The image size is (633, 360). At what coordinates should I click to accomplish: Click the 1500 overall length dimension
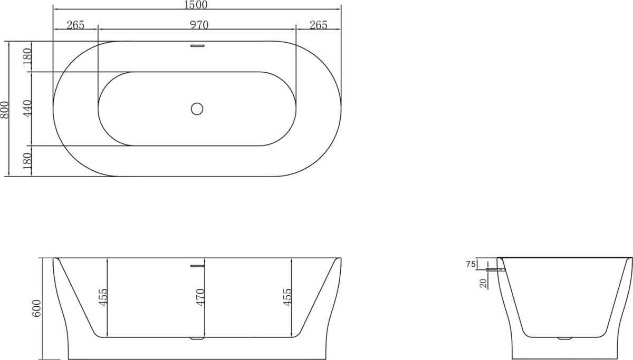tap(196, 5)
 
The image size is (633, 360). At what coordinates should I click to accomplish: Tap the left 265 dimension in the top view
tap(75, 25)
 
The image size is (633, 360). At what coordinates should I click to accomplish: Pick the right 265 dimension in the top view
tap(318, 25)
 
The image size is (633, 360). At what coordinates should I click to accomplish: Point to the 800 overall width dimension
tap(5, 109)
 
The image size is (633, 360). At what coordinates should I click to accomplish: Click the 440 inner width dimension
tap(28, 108)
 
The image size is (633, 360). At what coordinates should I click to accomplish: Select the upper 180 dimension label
tap(28, 56)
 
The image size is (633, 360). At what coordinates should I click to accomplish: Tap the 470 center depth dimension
tap(200, 297)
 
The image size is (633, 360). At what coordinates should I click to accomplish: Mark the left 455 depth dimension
tap(103, 297)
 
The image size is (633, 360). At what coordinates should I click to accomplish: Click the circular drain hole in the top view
tap(197, 109)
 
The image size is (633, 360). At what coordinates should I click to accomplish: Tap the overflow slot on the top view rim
tap(197, 46)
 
